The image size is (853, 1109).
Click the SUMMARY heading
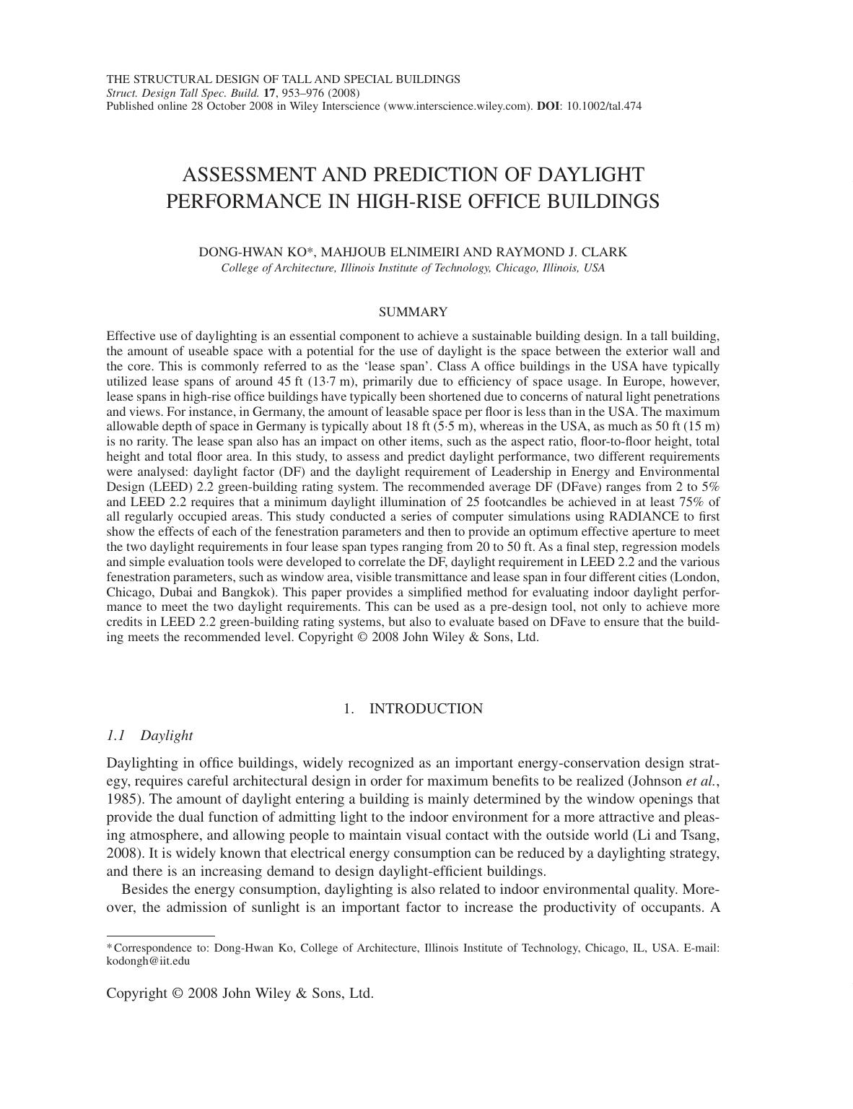point(413,312)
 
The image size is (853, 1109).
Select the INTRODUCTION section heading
point(426,708)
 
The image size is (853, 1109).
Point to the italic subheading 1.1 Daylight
point(149,735)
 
